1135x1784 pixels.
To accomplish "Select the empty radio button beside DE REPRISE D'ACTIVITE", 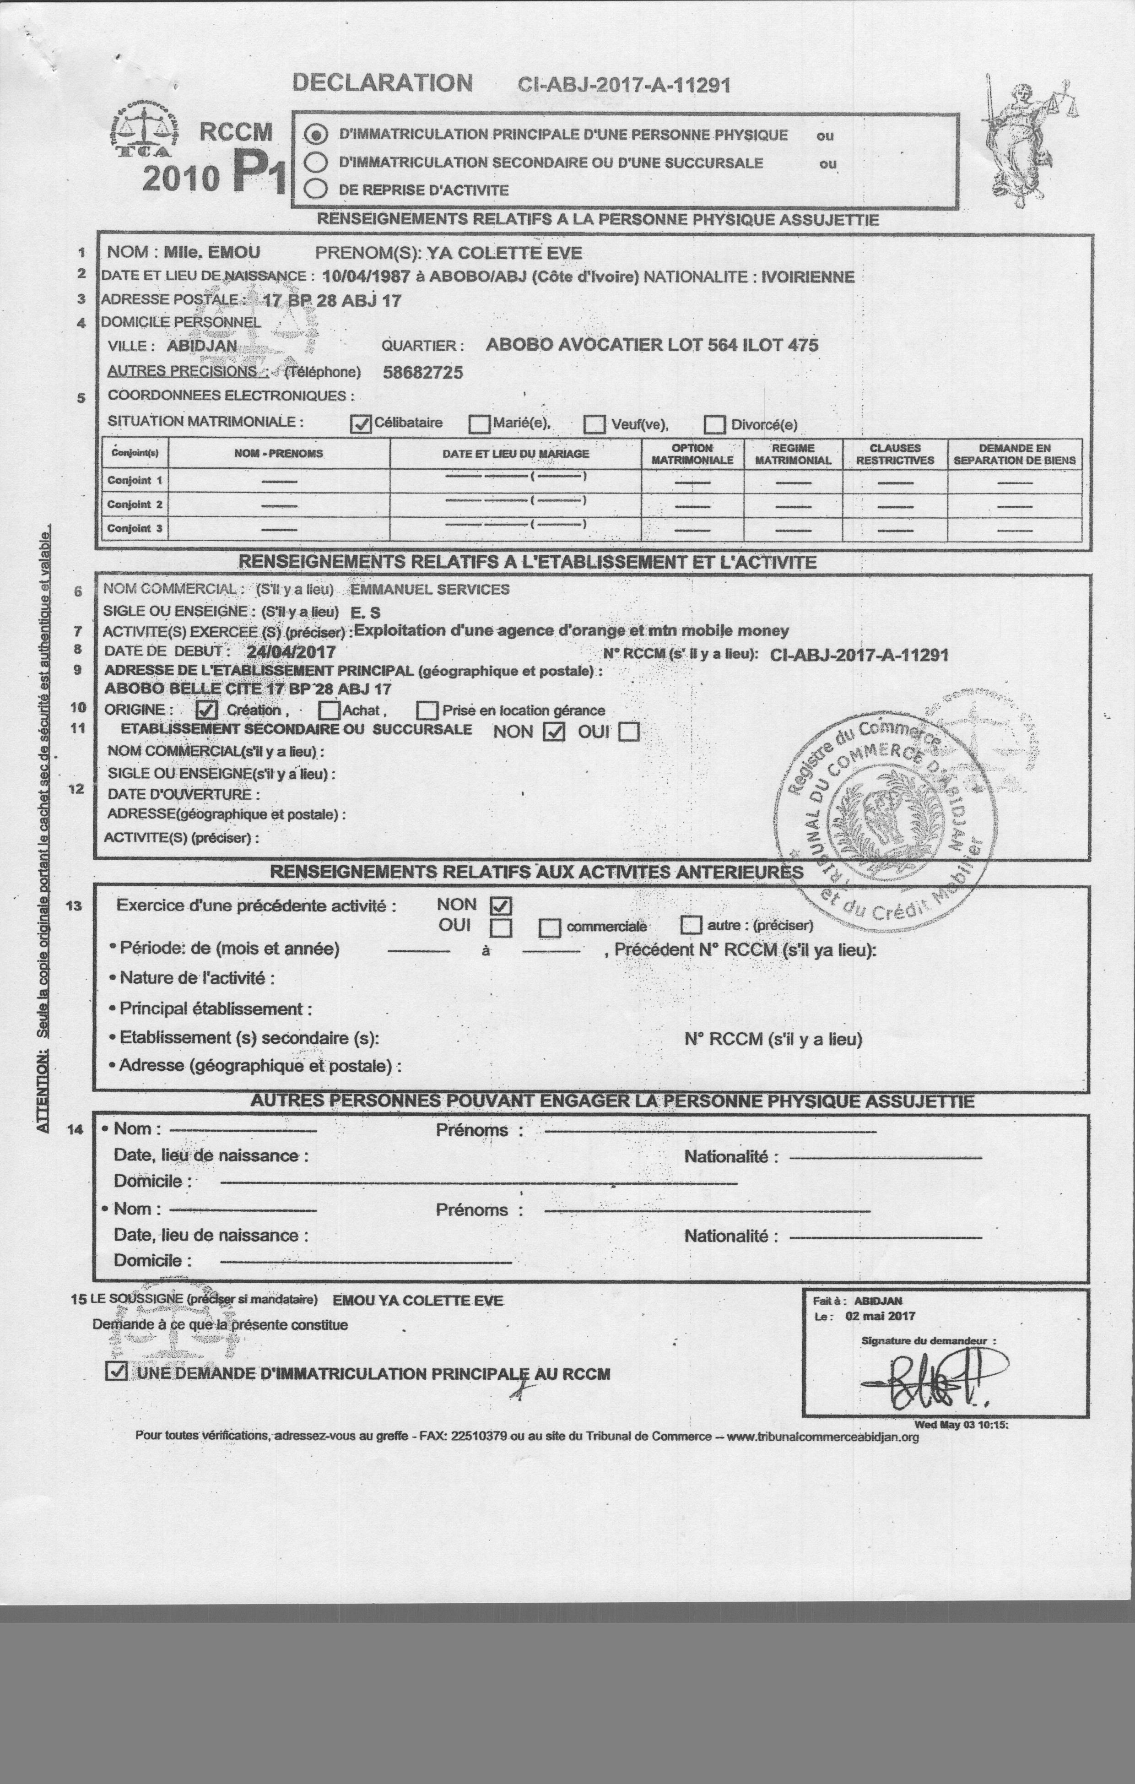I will click(316, 189).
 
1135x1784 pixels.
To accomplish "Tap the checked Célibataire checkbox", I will click(361, 424).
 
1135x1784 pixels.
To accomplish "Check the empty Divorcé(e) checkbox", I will click(714, 424).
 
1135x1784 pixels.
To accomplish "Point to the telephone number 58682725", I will click(422, 372).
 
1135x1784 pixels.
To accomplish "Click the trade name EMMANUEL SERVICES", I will click(430, 590).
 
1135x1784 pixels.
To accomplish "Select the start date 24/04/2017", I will click(291, 652).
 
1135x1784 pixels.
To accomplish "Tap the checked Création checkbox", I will click(207, 710).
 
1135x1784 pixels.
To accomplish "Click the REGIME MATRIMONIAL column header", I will click(793, 453).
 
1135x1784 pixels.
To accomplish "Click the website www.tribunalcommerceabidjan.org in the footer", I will click(822, 1437).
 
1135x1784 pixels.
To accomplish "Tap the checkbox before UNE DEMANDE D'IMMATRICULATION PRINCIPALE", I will click(116, 1372).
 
